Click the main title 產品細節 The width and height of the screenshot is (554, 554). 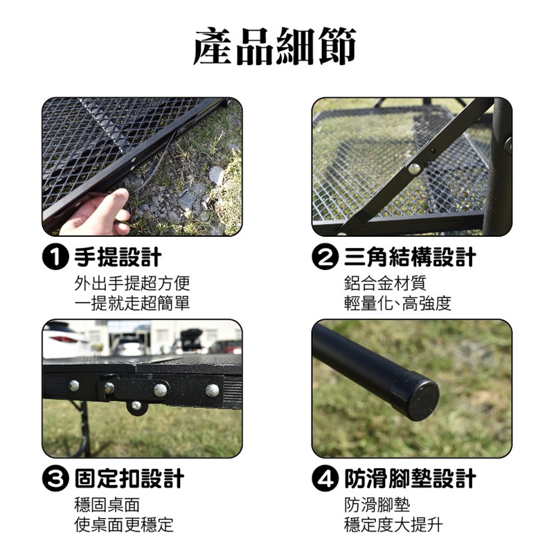tap(275, 46)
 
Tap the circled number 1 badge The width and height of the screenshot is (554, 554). tap(55, 258)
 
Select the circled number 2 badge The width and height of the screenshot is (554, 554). tap(323, 258)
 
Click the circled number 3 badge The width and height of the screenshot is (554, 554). tap(55, 479)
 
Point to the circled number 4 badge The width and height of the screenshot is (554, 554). tap(323, 479)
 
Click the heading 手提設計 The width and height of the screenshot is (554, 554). tap(118, 257)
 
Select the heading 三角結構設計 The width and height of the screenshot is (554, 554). tap(410, 257)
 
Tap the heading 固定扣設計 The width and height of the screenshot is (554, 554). tap(129, 479)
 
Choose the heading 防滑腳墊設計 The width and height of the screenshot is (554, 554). tap(410, 479)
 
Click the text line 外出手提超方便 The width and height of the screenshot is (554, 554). tap(132, 283)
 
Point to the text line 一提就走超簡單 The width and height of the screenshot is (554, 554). tap(132, 303)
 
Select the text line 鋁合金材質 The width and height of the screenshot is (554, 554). tap(385, 283)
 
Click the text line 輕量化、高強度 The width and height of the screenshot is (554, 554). tap(397, 303)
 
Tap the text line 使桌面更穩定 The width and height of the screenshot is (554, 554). tap(124, 525)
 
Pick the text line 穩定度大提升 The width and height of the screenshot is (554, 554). tap(393, 525)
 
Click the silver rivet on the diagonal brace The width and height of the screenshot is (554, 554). tap(414, 168)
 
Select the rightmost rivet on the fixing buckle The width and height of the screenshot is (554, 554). tap(212, 390)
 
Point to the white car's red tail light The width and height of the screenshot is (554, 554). tap(64, 339)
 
